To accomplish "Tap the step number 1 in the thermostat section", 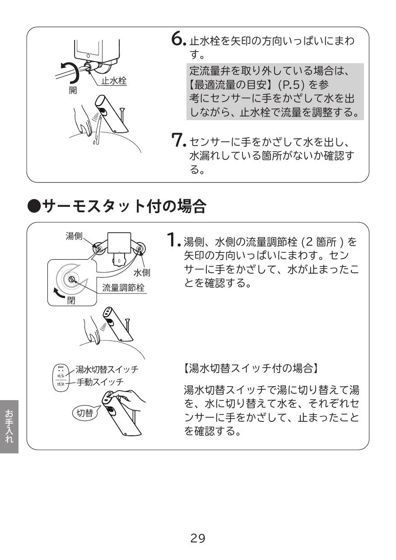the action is click(x=173, y=239).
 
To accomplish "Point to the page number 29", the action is click(x=198, y=538).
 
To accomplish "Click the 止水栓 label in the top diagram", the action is click(x=114, y=81).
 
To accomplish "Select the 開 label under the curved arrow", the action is click(x=73, y=90).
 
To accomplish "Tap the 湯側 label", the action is click(x=74, y=235).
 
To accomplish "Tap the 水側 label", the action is click(x=142, y=272).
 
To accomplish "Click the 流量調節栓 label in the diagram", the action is click(x=123, y=288).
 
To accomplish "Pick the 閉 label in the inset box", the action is click(x=71, y=300).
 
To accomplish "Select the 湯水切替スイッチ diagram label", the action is click(x=107, y=369).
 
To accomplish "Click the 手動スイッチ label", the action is click(x=100, y=382).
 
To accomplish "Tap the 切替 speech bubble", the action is click(x=84, y=413).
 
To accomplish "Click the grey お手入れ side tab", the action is click(x=9, y=426).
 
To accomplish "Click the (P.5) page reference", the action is click(x=292, y=85).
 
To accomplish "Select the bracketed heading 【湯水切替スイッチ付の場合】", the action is click(x=251, y=368).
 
